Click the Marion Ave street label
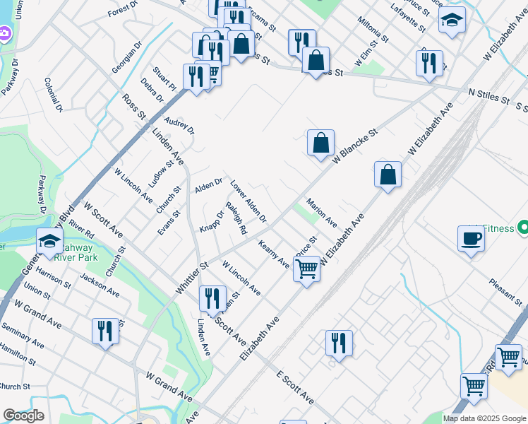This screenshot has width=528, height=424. click(x=321, y=211)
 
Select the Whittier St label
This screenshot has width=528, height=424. click(x=193, y=279)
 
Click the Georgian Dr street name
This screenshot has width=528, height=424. click(x=127, y=57)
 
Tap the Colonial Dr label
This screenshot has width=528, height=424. click(x=54, y=95)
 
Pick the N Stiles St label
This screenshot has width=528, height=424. click(x=488, y=95)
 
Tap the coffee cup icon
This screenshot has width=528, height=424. click(x=471, y=238)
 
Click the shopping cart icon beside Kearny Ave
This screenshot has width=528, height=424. click(x=306, y=269)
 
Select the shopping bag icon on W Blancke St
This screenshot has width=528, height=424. click(x=320, y=143)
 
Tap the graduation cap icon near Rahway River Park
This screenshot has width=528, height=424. click(x=49, y=242)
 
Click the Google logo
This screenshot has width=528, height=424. click(x=23, y=416)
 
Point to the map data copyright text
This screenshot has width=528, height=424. click(x=484, y=418)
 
